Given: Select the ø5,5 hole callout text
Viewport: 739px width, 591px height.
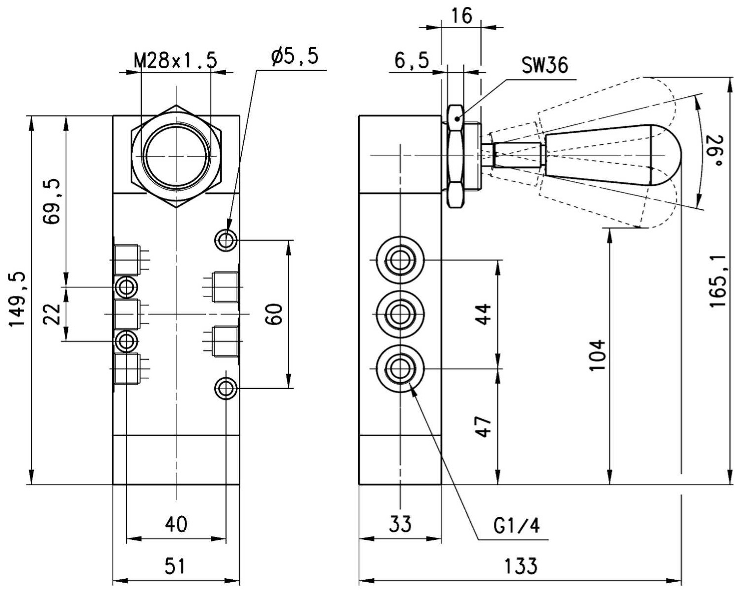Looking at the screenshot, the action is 295,56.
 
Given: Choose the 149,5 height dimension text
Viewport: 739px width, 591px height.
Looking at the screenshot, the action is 18,300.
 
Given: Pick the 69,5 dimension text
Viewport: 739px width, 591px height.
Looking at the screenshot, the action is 52,201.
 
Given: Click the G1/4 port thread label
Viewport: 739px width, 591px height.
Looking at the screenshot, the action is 516,526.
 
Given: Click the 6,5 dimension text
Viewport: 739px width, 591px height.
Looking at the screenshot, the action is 412,61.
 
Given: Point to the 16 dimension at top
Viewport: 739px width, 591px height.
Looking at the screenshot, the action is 462,15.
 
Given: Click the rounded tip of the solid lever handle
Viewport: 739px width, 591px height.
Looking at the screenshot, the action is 682,155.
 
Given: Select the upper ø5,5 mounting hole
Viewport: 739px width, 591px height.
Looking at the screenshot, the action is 226,240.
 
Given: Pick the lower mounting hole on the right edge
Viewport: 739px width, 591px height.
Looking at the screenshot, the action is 226,389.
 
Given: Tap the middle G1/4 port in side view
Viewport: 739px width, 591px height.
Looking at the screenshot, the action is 400,314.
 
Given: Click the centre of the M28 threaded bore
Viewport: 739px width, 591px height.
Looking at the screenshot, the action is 176,156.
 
